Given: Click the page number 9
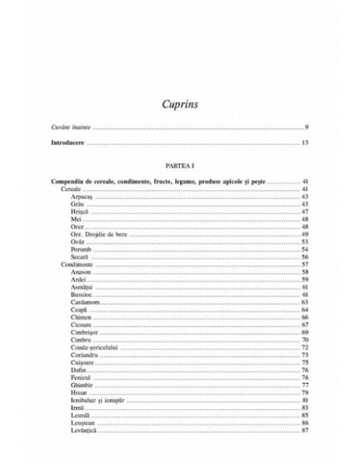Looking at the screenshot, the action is coord(306,127).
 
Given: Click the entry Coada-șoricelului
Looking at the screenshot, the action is coord(95,347).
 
